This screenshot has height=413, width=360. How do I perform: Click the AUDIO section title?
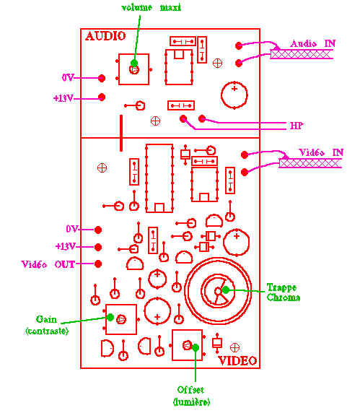[105, 36]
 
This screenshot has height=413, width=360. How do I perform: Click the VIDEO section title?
[237, 360]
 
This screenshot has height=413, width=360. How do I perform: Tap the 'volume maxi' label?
[151, 7]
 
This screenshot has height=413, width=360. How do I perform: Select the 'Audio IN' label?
[312, 43]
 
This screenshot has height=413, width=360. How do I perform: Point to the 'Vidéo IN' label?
[321, 152]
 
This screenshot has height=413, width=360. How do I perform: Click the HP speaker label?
[297, 126]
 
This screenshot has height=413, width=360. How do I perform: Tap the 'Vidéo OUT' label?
[48, 264]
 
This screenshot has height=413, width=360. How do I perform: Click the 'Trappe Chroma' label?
[283, 292]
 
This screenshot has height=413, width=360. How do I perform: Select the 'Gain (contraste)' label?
[47, 325]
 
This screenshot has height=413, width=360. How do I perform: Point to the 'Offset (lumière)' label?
[191, 396]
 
